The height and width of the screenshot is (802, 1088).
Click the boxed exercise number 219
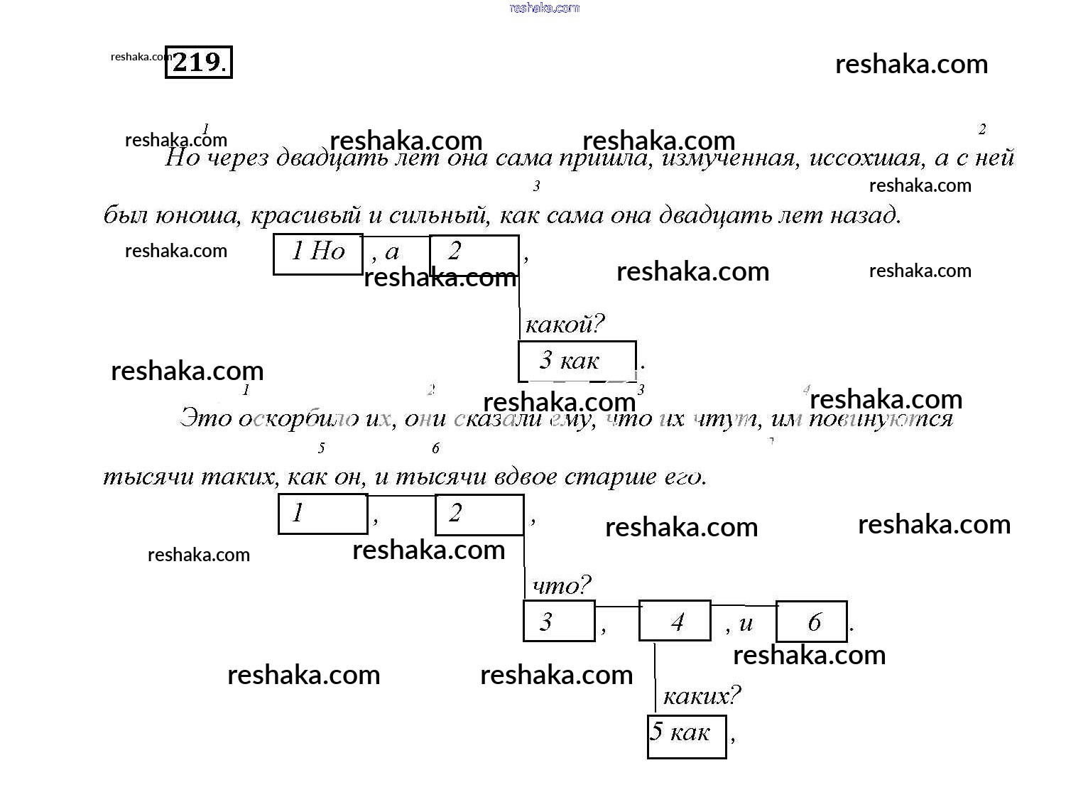pyautogui.click(x=198, y=63)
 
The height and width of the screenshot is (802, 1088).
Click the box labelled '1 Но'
pyautogui.click(x=318, y=253)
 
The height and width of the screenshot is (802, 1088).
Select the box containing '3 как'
pyautogui.click(x=577, y=361)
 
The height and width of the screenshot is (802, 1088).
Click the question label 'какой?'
pyautogui.click(x=564, y=325)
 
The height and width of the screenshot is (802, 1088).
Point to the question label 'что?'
pyautogui.click(x=561, y=586)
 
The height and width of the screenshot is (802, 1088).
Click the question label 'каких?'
pyautogui.click(x=701, y=695)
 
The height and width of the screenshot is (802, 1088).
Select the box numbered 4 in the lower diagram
pyautogui.click(x=675, y=621)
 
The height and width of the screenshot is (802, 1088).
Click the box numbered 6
pyautogui.click(x=811, y=622)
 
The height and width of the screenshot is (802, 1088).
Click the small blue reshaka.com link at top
pyautogui.click(x=545, y=8)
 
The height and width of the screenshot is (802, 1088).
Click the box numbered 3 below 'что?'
pyautogui.click(x=559, y=621)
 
